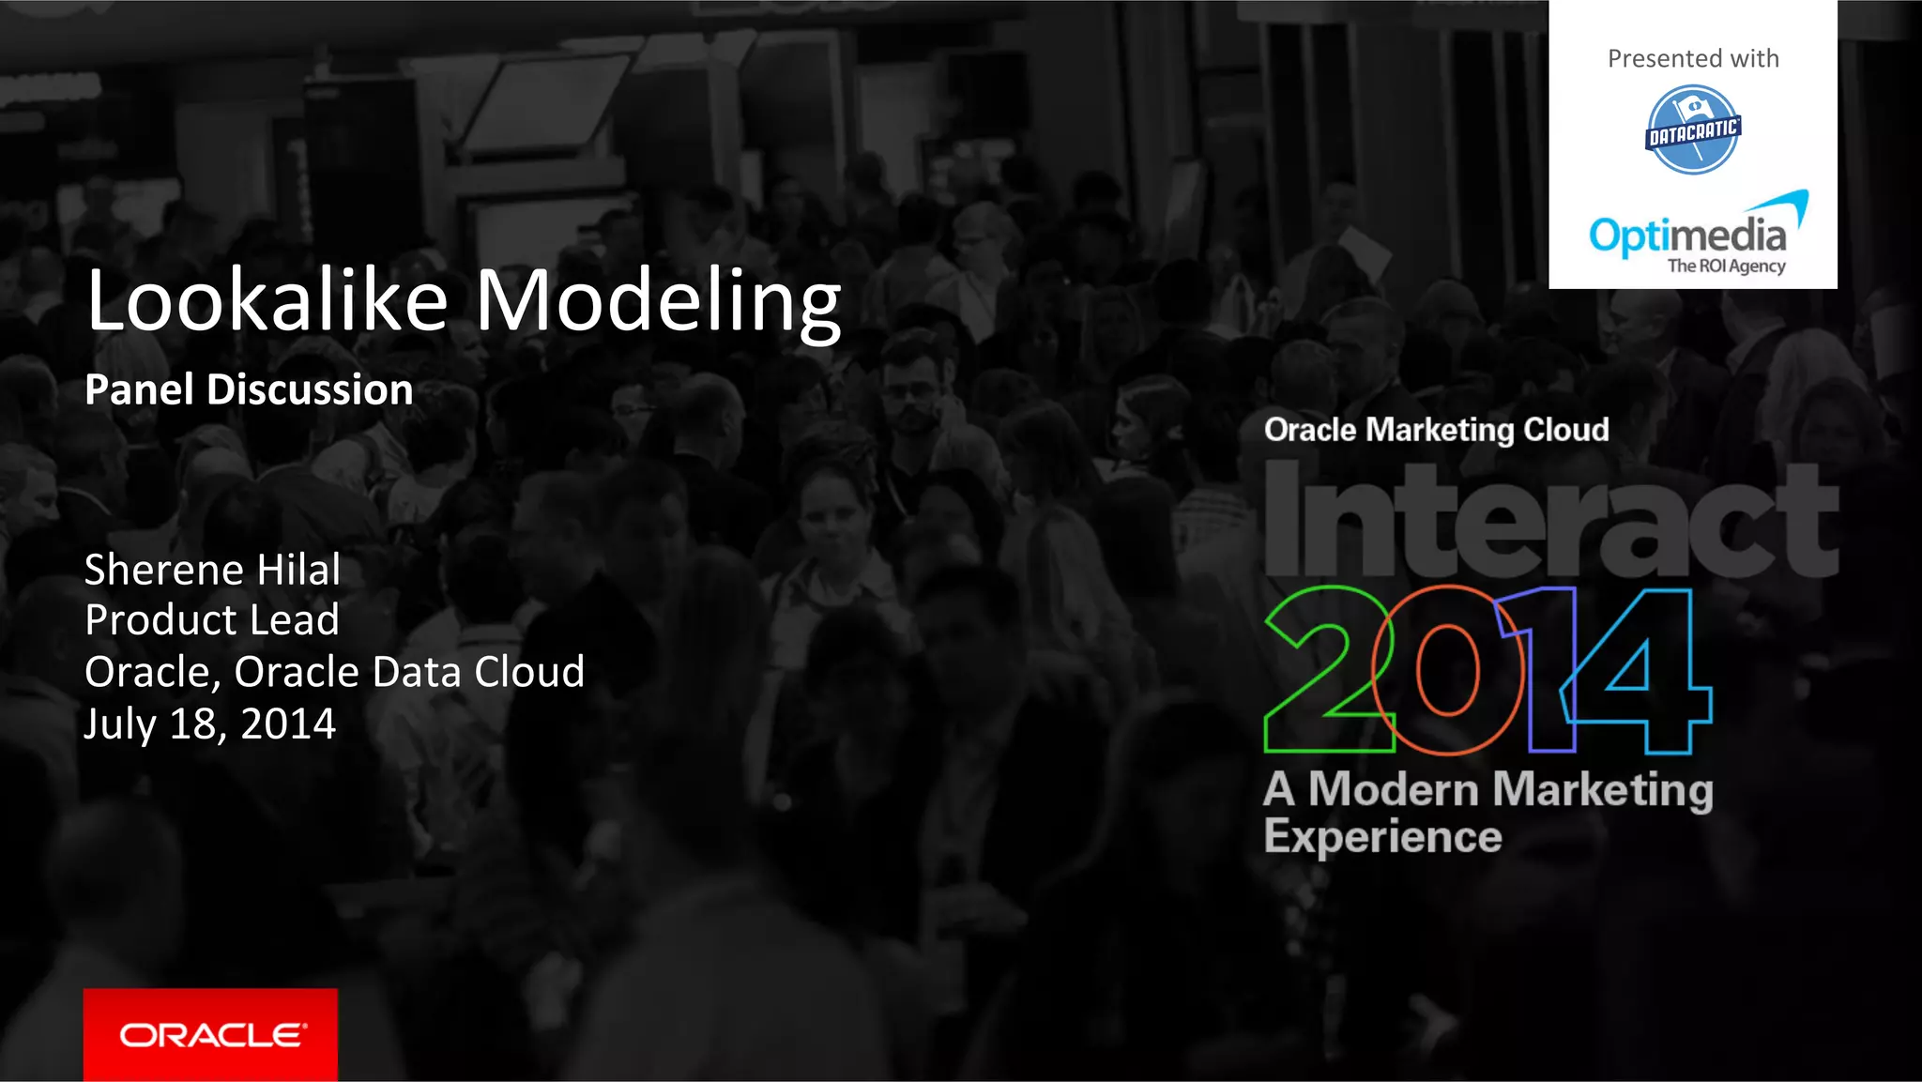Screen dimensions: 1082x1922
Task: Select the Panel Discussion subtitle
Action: click(x=249, y=389)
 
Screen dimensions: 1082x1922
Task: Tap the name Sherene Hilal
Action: click(x=212, y=570)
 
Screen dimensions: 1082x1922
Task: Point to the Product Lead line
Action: click(x=211, y=620)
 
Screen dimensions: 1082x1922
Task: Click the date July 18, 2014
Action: click(x=209, y=724)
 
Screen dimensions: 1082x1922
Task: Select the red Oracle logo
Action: click(x=210, y=1034)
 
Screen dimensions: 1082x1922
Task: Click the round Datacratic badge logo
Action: click(x=1693, y=130)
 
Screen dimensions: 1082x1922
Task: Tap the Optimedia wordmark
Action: click(x=1686, y=235)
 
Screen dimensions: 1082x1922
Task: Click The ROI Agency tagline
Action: click(x=1726, y=266)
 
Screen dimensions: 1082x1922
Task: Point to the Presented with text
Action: click(x=1693, y=58)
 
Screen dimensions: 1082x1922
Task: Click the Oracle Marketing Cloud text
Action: click(x=1436, y=430)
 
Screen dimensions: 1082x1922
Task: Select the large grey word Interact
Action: click(x=1550, y=521)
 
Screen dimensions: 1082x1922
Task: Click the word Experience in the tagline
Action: click(x=1382, y=837)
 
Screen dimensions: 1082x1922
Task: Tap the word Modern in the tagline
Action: click(x=1393, y=789)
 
